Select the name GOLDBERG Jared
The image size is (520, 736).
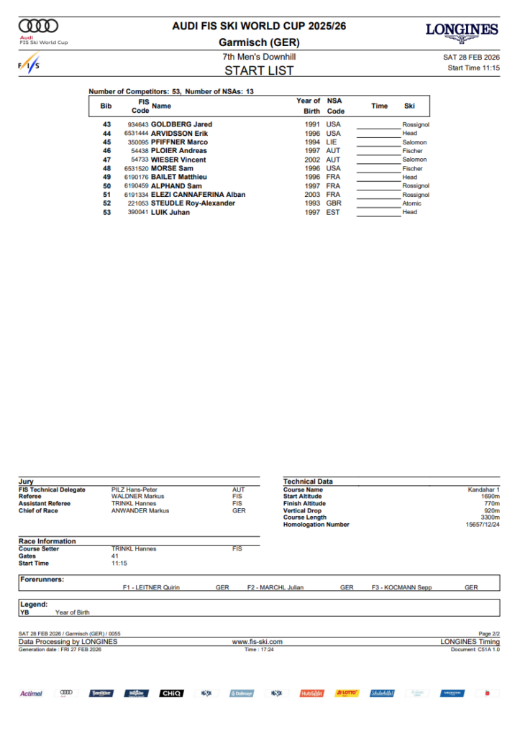tap(181, 124)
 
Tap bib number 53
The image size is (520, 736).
tap(107, 212)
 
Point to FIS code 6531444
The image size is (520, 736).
tap(136, 133)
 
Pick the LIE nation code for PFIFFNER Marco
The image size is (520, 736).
tap(332, 142)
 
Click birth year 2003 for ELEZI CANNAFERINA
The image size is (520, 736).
tap(312, 195)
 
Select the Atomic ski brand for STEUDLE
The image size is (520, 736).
tap(411, 203)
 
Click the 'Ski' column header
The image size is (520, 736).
tap(409, 106)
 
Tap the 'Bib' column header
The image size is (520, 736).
tap(106, 106)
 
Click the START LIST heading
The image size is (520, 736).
tap(259, 70)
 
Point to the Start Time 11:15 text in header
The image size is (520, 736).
tap(473, 68)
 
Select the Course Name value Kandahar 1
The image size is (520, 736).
tap(483, 489)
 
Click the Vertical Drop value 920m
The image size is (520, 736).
tap(492, 510)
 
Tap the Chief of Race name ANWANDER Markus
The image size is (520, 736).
tap(140, 510)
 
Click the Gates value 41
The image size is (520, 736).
tap(115, 556)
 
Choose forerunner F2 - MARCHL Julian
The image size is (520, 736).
tap(275, 587)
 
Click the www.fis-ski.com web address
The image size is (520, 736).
tap(257, 641)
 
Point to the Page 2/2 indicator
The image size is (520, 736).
tap(488, 633)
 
